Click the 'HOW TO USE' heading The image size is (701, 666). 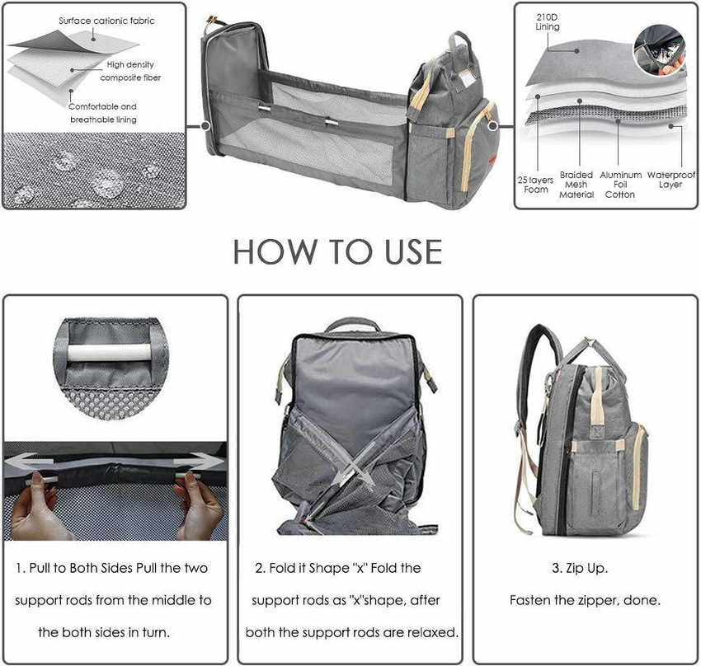coord(336,251)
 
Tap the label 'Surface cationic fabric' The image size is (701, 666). coord(106,20)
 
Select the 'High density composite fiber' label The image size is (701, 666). coord(130,71)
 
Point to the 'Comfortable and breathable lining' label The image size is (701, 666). coord(102,113)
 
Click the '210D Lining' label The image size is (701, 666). coord(548,21)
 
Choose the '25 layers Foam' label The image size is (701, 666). coord(536,184)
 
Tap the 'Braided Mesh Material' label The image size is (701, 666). coord(576,185)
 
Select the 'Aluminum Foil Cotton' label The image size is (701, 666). coord(620,185)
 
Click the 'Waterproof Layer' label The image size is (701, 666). coord(670,180)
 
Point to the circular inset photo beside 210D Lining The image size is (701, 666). coord(659,47)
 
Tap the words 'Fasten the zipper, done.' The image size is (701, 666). coord(584,600)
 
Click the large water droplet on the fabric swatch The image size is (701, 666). coord(108,183)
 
